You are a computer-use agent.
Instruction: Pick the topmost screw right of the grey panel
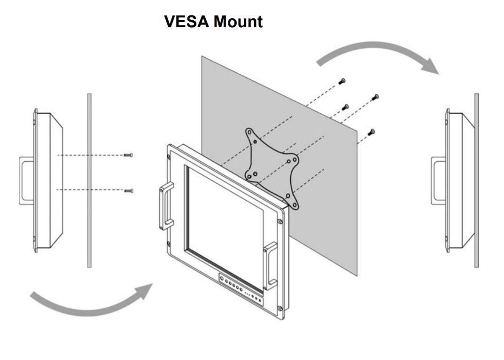tap(342, 82)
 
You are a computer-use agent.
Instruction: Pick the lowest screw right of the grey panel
tap(372, 132)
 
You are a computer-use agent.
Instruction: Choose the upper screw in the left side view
tap(128, 155)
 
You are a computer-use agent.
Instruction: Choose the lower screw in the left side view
tap(128, 190)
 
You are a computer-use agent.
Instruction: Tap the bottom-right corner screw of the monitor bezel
tap(280, 308)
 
